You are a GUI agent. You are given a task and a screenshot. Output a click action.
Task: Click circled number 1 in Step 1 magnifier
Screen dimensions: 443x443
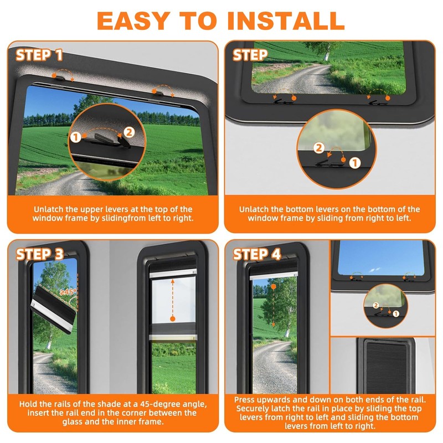pyautogui.click(x=75, y=136)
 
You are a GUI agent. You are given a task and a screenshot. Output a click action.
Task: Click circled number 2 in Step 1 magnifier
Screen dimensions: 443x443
pyautogui.click(x=128, y=132)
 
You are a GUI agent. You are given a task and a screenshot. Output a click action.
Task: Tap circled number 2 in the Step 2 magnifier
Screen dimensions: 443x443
pyautogui.click(x=318, y=147)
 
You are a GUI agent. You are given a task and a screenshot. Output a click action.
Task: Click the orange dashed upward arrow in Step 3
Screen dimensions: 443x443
pyautogui.click(x=172, y=299)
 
